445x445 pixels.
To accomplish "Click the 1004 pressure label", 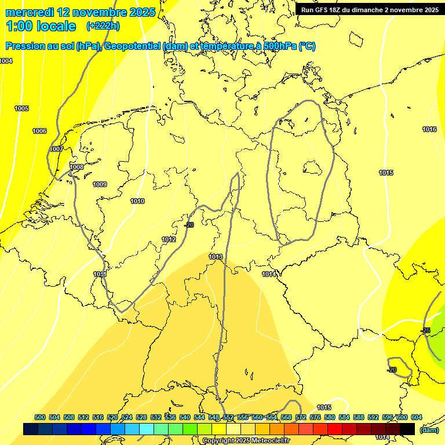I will coord(6,61).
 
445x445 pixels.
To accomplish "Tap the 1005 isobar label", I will coord(22,108).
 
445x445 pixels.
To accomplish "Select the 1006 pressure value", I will coord(39,131).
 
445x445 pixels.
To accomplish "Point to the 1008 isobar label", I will coord(76,167).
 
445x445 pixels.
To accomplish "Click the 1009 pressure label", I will coord(100,184).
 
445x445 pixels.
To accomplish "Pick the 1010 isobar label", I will coord(137,201).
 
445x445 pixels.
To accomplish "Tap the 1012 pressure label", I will coord(169,239).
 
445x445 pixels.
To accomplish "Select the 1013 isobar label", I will coord(216,257).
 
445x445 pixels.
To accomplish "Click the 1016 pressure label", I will coord(429,129).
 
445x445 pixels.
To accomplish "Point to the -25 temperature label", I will coord(425,330).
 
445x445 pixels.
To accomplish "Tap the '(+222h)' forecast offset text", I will coord(103,25).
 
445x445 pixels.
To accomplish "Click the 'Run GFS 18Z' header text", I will coord(324,10).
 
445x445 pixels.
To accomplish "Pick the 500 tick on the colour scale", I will coord(40,417).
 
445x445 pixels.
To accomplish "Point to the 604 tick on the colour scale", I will coord(417,417).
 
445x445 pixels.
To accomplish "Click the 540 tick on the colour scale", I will coord(185,417).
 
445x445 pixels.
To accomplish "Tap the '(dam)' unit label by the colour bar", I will coord(429,429).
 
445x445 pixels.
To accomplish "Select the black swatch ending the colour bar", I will coord(407,429).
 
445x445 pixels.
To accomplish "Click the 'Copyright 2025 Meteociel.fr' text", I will coord(245,440).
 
